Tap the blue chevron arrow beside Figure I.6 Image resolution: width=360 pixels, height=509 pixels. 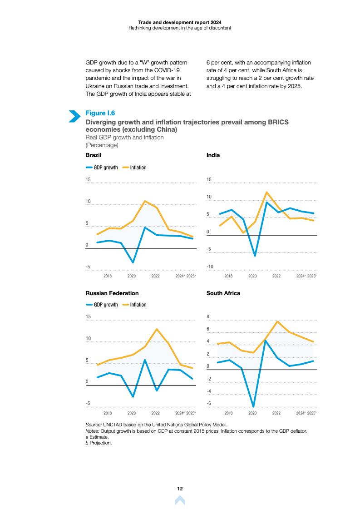(x=74, y=116)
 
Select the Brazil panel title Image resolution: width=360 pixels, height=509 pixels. (x=93, y=155)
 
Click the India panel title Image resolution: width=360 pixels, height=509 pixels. (x=213, y=155)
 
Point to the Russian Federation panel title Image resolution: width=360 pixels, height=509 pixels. (x=112, y=293)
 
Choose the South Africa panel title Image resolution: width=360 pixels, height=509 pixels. (x=223, y=293)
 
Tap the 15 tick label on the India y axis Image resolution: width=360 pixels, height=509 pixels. (x=209, y=180)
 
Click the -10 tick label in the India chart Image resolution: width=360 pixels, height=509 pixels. (x=210, y=267)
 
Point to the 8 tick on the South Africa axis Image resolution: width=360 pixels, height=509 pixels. (x=208, y=317)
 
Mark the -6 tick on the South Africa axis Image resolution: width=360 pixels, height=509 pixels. (x=209, y=404)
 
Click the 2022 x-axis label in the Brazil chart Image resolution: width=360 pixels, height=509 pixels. (x=156, y=276)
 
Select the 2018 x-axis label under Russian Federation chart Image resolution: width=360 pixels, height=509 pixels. (x=108, y=413)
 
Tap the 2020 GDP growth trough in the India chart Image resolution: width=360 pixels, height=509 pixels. (x=255, y=256)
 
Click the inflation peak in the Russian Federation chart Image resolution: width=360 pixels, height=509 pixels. (x=157, y=329)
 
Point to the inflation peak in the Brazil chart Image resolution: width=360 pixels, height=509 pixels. (x=144, y=201)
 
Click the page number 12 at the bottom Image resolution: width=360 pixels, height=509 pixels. (x=180, y=489)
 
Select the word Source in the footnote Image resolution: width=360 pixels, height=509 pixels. (x=93, y=425)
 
